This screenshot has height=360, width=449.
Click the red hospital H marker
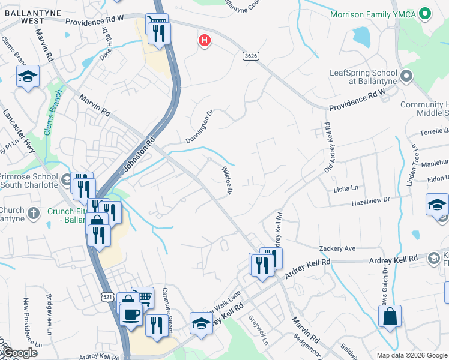point(205,41)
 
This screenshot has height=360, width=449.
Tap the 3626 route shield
point(251,56)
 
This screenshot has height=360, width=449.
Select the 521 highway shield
point(107,297)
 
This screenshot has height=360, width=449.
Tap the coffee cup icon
point(130,314)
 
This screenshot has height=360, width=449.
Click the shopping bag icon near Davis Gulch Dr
point(390,317)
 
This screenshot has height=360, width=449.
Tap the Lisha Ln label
point(345,189)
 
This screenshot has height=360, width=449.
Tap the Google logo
point(20,353)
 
